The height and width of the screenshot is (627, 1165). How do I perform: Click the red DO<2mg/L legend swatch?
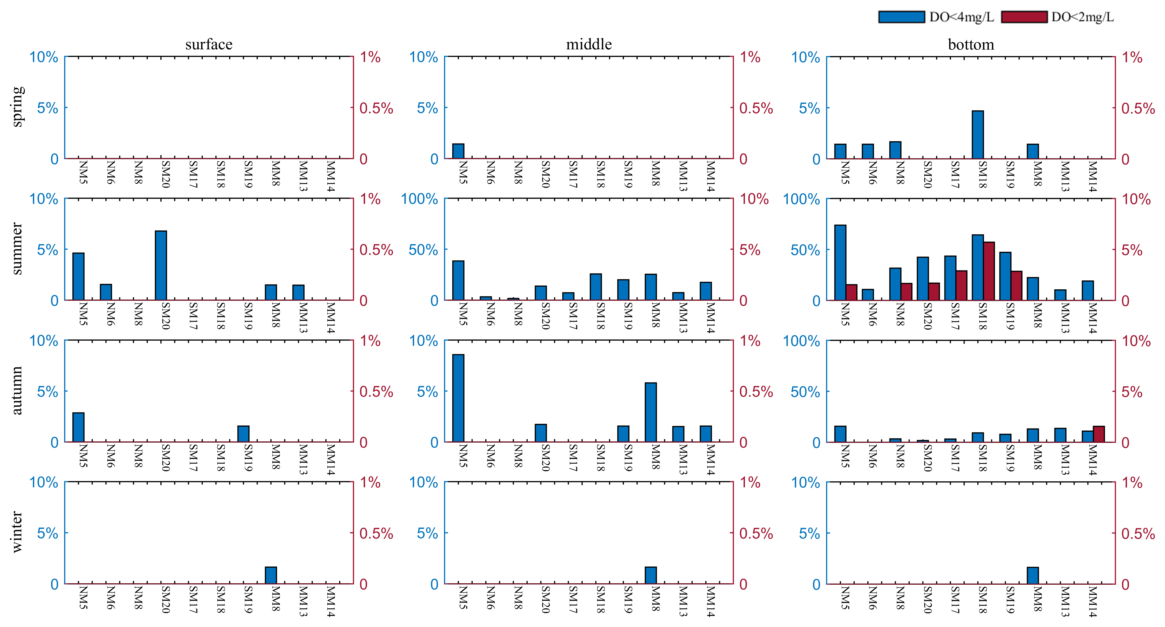coord(1024,17)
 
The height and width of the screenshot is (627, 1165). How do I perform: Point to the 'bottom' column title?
coord(971,44)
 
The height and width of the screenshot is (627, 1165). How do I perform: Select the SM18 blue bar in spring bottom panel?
coord(977,135)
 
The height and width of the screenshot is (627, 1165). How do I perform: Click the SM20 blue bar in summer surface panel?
coord(160,266)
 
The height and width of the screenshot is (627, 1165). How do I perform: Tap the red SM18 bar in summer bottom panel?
coord(989,271)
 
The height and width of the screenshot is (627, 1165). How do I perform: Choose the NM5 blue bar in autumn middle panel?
coord(458,398)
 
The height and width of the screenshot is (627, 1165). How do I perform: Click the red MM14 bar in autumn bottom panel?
coord(1098,434)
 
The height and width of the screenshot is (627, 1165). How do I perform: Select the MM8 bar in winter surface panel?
coord(270,575)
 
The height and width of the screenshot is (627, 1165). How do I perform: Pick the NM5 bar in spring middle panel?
coord(458,151)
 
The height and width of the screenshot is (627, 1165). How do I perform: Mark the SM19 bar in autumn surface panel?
coord(243,434)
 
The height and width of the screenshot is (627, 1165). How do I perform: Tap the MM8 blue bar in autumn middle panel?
coord(650,412)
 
